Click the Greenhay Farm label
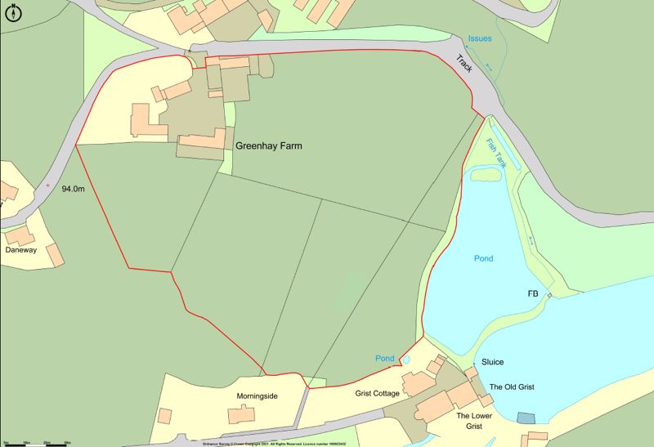click(268, 147)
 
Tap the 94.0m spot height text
click(73, 190)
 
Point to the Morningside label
click(258, 396)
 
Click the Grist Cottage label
click(377, 394)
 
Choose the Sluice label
click(492, 362)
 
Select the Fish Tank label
click(496, 154)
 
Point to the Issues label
click(480, 38)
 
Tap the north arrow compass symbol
click(13, 12)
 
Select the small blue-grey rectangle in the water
click(525, 418)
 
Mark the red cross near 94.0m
click(47, 186)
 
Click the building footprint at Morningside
click(240, 415)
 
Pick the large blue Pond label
click(484, 258)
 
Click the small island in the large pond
click(486, 172)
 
